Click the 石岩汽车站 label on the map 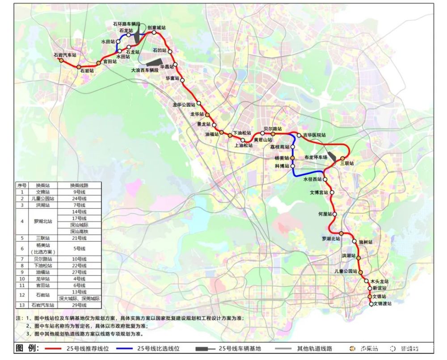(x=65, y=55)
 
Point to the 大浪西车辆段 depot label (x=145, y=70)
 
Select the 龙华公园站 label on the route (x=184, y=105)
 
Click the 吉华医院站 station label (x=314, y=135)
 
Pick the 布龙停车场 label (x=316, y=157)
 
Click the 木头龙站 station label (x=380, y=282)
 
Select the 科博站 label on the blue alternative (x=282, y=166)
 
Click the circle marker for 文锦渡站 (x=371, y=304)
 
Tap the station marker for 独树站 (x=354, y=242)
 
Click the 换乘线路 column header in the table (x=78, y=185)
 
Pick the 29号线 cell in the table (x=78, y=305)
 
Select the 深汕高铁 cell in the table (x=78, y=231)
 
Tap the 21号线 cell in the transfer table (x=78, y=238)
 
